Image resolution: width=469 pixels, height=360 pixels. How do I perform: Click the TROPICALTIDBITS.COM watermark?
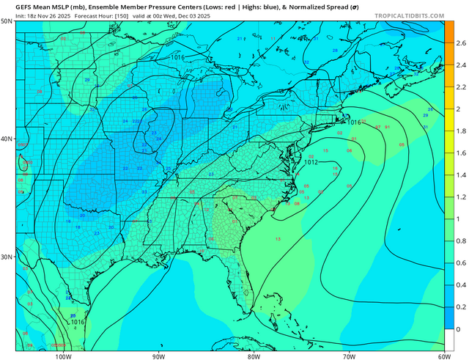418,15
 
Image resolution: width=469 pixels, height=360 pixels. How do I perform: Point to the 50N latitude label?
7,21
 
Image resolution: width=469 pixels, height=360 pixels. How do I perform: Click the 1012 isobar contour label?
311,162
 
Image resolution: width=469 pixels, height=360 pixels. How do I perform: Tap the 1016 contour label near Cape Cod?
354,122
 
